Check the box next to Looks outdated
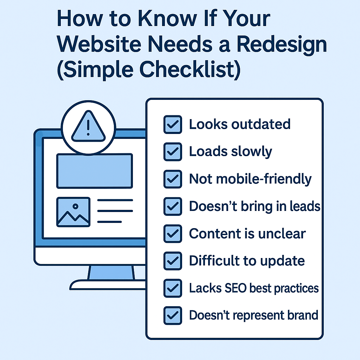click(173, 124)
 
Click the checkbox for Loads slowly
click(173, 152)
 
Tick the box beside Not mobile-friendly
click(173, 179)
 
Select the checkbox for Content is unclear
click(173, 234)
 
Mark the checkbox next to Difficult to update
click(173, 261)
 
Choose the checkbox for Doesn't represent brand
click(173, 315)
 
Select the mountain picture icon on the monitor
click(73, 212)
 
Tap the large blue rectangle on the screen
click(95, 171)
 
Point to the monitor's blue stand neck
click(111, 272)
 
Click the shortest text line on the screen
click(109, 222)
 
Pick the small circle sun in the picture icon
click(76, 206)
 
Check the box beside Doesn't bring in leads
click(173, 206)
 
